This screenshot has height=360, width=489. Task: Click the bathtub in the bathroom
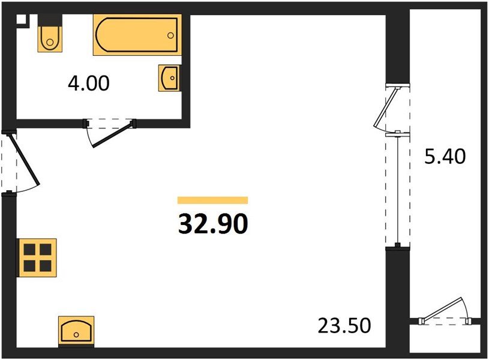(x=137, y=35)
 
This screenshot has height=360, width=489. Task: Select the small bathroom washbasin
(x=169, y=77)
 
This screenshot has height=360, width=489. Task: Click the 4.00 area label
(x=89, y=83)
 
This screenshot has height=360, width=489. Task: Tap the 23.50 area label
(x=344, y=326)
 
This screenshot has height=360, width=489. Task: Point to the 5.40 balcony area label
(x=445, y=157)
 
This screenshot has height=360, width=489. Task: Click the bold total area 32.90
(x=213, y=224)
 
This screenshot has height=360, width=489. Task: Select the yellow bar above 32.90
(x=213, y=200)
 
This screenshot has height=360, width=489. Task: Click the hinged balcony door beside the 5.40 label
(x=388, y=107)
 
